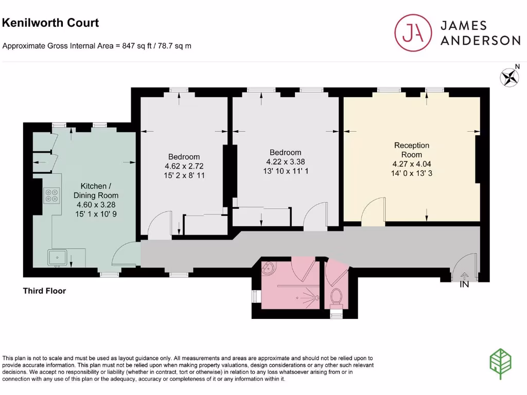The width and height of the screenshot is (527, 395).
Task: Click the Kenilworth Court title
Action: coord(50,23)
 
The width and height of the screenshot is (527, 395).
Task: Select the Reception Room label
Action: coord(411,150)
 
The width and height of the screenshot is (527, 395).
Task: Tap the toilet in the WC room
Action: coord(337,297)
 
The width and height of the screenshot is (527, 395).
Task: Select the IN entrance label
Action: coord(464,284)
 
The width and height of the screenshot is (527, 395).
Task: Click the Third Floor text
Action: coord(44,291)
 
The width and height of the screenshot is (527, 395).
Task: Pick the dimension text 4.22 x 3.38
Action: coord(286,161)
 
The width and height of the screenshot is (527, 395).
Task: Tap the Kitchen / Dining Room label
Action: coord(96,190)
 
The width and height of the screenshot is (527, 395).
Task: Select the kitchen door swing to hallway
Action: coord(125,255)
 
